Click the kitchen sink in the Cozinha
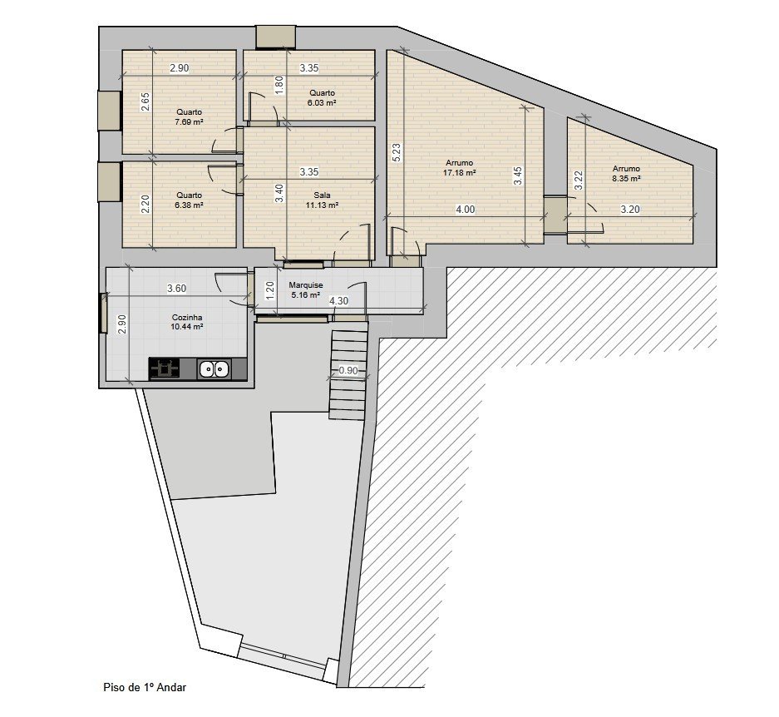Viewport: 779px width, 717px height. point(214,369)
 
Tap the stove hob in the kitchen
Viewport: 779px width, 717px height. point(165,368)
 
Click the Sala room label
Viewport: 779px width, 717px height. point(322,195)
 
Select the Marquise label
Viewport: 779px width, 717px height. point(306,285)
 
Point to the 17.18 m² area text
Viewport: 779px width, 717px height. point(460,172)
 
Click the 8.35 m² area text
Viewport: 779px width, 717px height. point(626,179)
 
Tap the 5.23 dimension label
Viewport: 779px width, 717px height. point(397,152)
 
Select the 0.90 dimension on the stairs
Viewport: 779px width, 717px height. point(348,370)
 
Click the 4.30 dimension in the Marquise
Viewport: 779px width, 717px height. point(339,301)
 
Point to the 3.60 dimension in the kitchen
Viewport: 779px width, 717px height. point(177,289)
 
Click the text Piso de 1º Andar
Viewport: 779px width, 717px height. point(145,687)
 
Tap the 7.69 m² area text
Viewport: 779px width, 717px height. point(189,121)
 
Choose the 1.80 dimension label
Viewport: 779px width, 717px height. point(279,85)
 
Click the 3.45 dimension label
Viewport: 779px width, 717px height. point(518,176)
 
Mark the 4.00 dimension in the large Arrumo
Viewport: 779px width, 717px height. point(466,210)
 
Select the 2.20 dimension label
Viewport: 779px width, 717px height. point(145,204)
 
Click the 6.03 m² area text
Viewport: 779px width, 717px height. point(322,102)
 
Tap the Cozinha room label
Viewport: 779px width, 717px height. point(187,317)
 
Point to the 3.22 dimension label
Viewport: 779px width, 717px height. point(579,180)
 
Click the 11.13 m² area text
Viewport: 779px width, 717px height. point(322,205)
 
